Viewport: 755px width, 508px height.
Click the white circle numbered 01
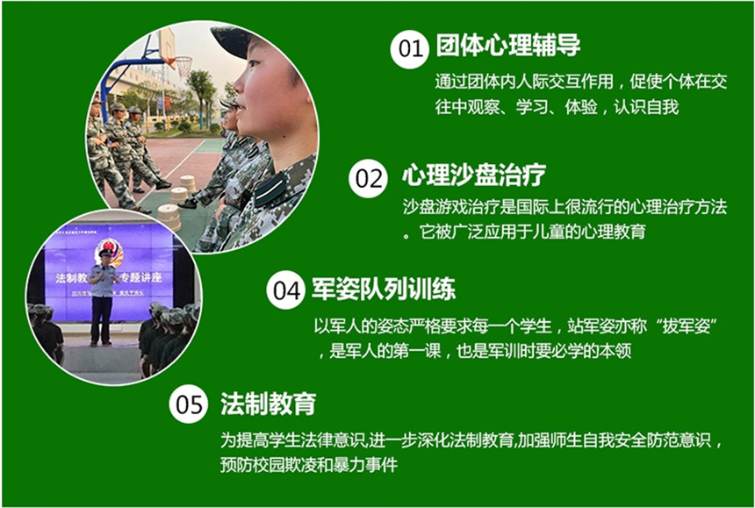(x=409, y=49)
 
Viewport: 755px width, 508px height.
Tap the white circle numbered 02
(x=369, y=178)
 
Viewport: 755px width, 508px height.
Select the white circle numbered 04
(x=286, y=290)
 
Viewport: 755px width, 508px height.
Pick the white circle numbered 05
(x=189, y=404)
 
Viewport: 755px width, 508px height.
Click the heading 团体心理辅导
(x=508, y=46)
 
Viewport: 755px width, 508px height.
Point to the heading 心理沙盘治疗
(x=474, y=175)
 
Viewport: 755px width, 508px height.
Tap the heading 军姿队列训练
(x=384, y=289)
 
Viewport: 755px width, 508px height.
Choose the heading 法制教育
(x=268, y=403)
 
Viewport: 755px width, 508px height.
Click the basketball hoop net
(x=183, y=67)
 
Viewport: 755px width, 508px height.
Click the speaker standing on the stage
(x=102, y=297)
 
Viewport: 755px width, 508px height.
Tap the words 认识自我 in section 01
(x=646, y=107)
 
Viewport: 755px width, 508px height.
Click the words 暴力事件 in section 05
(x=365, y=465)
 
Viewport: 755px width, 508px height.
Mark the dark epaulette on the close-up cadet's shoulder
(x=270, y=189)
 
